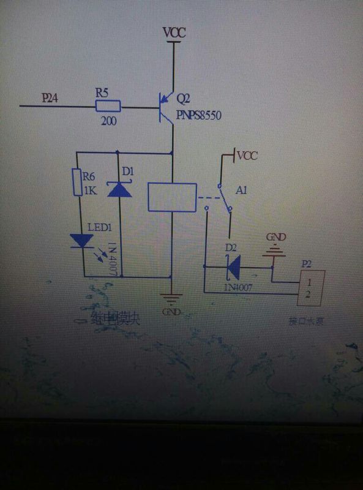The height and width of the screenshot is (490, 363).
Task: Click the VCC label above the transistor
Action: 174,32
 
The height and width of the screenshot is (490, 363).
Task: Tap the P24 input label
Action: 51,97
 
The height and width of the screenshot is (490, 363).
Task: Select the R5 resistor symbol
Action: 108,107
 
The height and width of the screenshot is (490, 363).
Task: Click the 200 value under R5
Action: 109,121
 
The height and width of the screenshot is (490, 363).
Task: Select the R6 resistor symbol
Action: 77,183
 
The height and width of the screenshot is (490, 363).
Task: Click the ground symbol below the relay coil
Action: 171,300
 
